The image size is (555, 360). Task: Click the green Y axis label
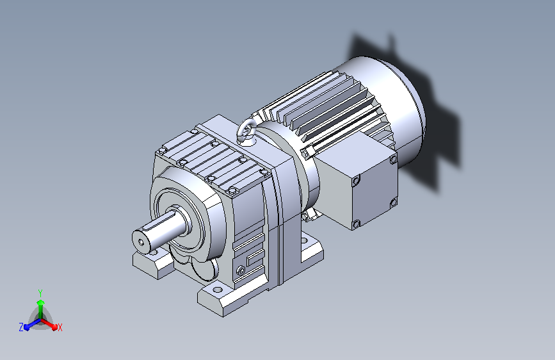click(x=40, y=293)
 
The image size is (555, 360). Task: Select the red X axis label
click(x=60, y=327)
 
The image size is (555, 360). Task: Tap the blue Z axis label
click(x=21, y=327)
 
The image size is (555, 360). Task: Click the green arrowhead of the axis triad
click(x=41, y=302)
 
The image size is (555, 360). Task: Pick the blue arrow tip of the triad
click(x=27, y=326)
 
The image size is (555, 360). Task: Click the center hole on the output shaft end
click(x=141, y=242)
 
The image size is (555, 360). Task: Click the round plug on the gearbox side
click(x=241, y=271)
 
